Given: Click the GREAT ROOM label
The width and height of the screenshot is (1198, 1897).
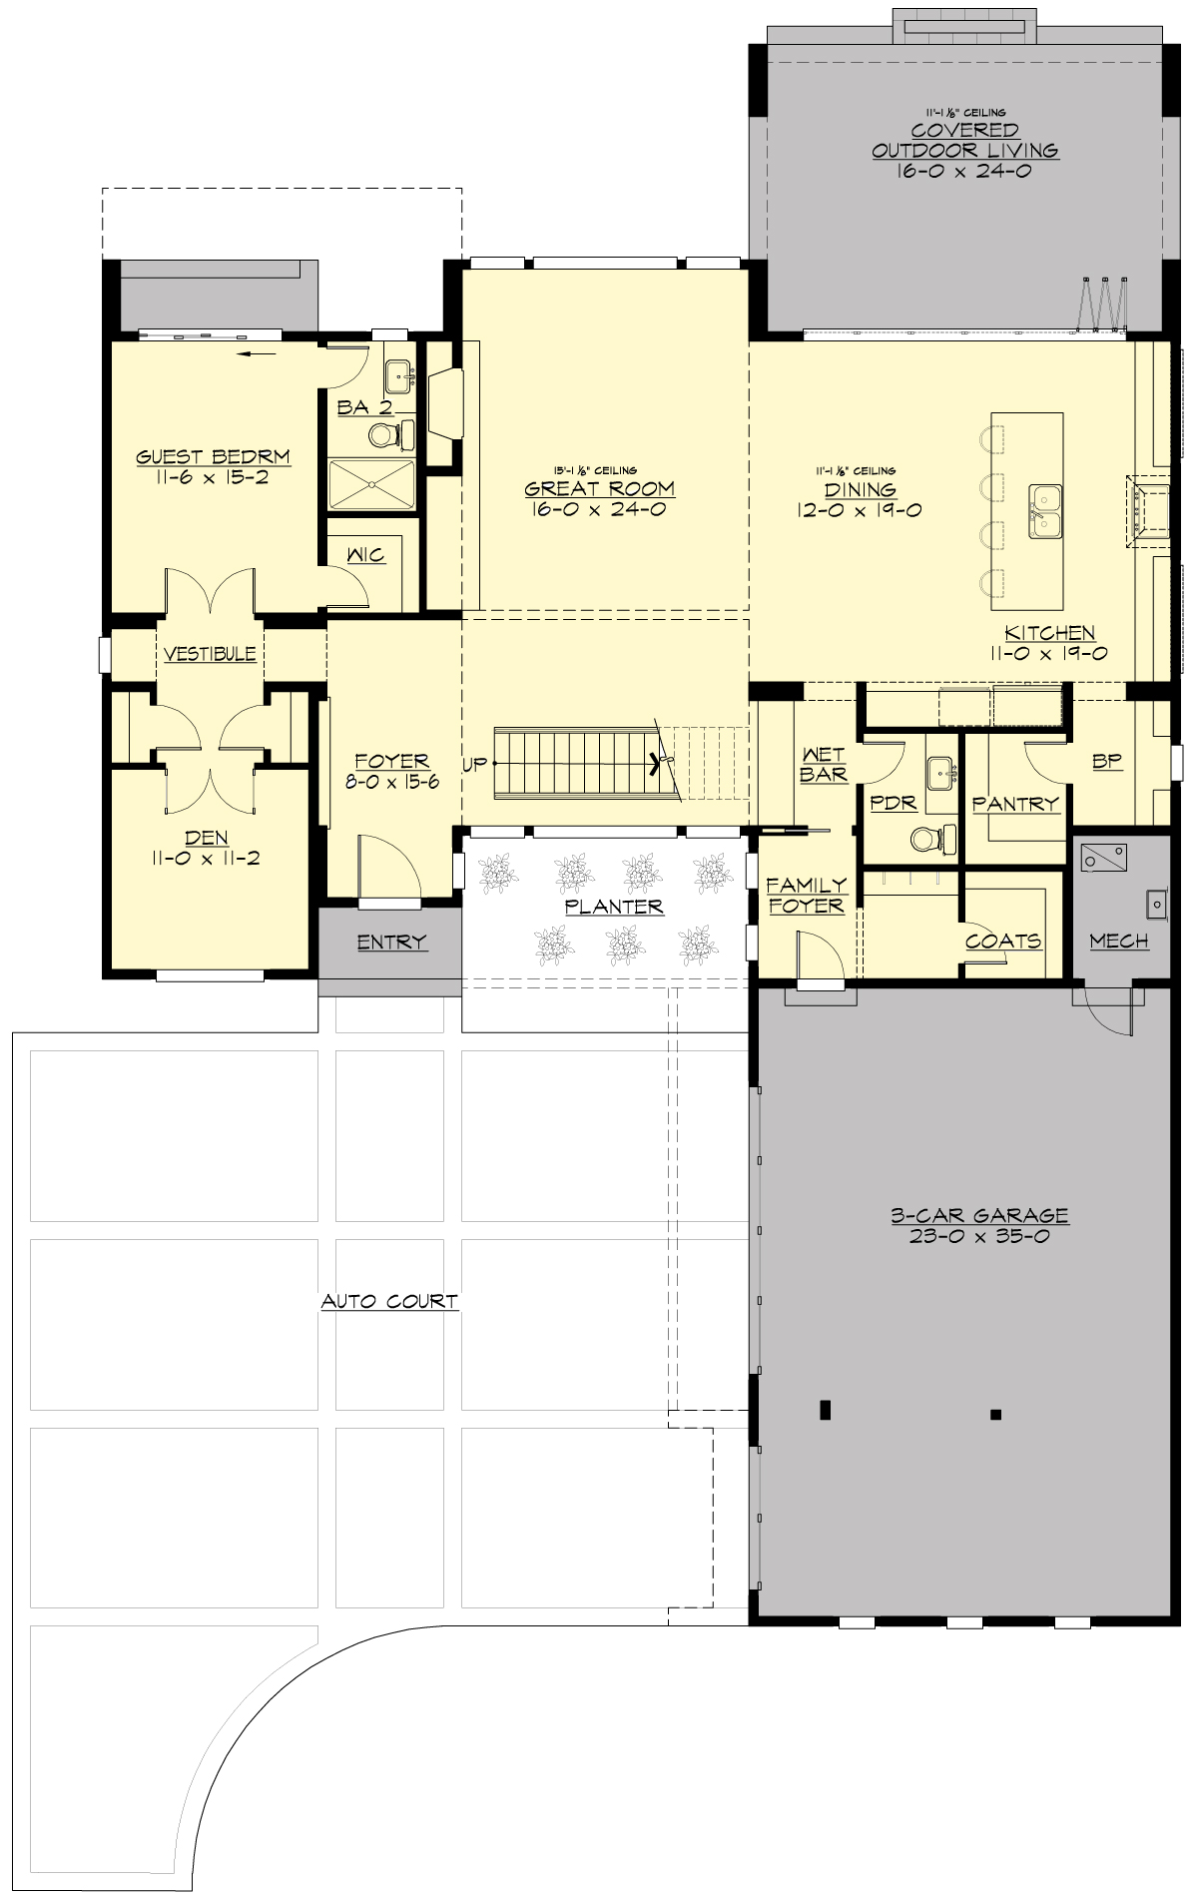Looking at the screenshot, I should (x=599, y=489).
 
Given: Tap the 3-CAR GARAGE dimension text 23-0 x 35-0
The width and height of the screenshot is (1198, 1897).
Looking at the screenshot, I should (x=978, y=1236).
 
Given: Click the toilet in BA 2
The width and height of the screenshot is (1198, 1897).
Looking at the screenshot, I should (x=385, y=435).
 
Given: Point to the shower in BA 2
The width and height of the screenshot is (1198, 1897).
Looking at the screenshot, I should (x=371, y=485).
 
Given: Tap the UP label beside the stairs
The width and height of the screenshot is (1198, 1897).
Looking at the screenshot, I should (x=474, y=765).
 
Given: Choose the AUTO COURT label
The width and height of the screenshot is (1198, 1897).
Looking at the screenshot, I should (x=389, y=1301).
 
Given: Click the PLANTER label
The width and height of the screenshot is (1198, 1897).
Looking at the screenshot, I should (x=614, y=907).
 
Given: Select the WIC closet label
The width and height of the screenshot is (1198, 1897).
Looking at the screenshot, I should (x=365, y=554).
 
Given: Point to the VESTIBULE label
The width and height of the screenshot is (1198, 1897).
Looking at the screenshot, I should (x=210, y=654).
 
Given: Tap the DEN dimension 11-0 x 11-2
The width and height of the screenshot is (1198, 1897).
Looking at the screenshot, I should (x=207, y=858).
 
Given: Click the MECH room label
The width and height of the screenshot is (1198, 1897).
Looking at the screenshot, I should (x=1118, y=941).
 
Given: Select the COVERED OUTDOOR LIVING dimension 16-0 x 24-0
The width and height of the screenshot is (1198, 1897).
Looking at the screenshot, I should (x=963, y=171).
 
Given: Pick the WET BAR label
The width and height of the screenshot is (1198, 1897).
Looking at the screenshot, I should (x=823, y=765).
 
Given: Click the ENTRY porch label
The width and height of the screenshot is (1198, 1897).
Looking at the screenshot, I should (x=391, y=942).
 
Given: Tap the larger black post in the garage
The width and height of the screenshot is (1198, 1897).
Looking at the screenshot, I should (x=825, y=1410).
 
